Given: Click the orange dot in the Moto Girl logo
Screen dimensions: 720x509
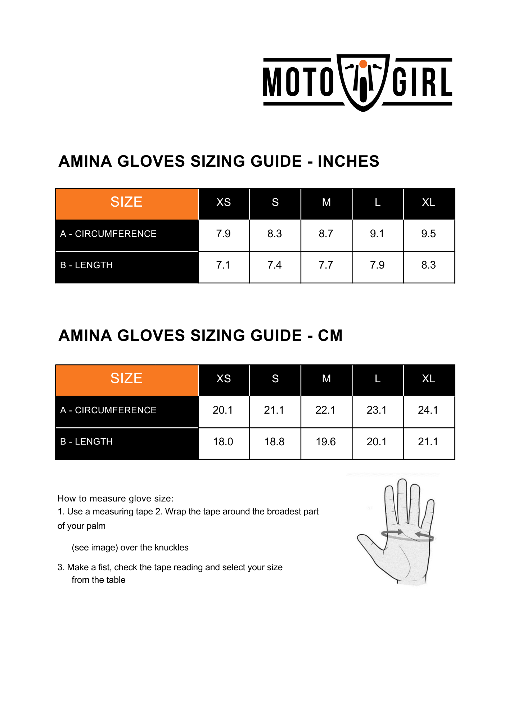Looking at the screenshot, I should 363,64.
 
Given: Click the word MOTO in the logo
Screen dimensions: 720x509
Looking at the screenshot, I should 298,82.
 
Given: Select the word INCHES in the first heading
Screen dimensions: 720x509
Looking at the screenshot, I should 348,161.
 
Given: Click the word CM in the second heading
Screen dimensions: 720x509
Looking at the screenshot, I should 330,336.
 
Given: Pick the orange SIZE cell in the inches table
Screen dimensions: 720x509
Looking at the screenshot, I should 126,202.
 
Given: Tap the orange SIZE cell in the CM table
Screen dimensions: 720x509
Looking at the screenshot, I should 126,379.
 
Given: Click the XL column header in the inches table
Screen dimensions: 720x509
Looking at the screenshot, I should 428,203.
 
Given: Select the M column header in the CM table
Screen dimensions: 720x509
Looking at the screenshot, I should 326,379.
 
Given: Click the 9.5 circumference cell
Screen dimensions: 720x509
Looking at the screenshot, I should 428,234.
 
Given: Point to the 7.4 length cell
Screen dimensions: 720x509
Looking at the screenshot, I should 274,265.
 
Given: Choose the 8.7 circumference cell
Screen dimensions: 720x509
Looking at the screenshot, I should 326,234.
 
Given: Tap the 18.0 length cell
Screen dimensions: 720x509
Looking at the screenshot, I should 223,442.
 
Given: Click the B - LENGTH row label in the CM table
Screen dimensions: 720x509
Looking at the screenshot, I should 86,442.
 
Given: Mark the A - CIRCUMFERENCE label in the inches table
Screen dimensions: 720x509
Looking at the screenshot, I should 108,234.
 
